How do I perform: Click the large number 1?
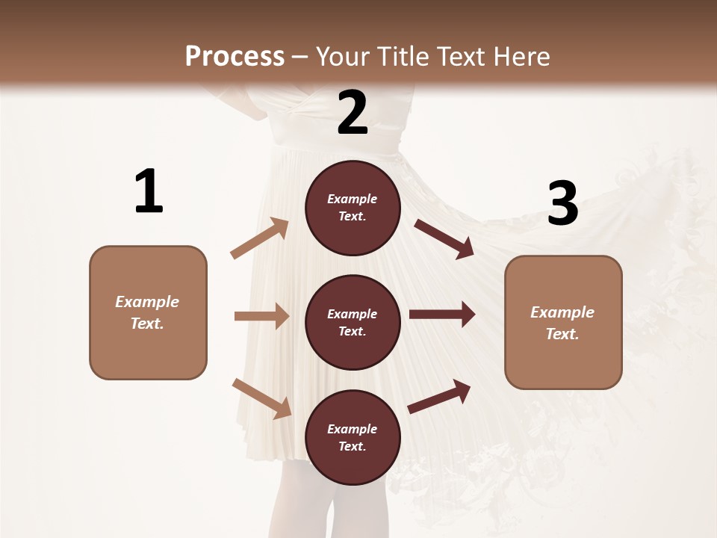(149, 192)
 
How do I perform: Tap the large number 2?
(353, 113)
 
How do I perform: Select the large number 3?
(562, 203)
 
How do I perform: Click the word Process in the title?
(235, 56)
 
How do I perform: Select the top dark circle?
(353, 208)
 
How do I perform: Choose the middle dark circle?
(353, 322)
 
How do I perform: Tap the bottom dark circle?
(353, 437)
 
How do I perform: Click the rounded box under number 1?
(148, 312)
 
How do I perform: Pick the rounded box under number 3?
(563, 323)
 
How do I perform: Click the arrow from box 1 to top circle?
(260, 238)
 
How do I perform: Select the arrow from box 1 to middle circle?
(261, 316)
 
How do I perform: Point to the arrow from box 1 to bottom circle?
(261, 398)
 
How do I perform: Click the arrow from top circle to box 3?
(444, 239)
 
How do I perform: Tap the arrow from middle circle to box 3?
(442, 315)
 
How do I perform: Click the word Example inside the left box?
(147, 302)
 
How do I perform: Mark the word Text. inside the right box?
(562, 334)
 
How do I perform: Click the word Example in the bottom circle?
(353, 429)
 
